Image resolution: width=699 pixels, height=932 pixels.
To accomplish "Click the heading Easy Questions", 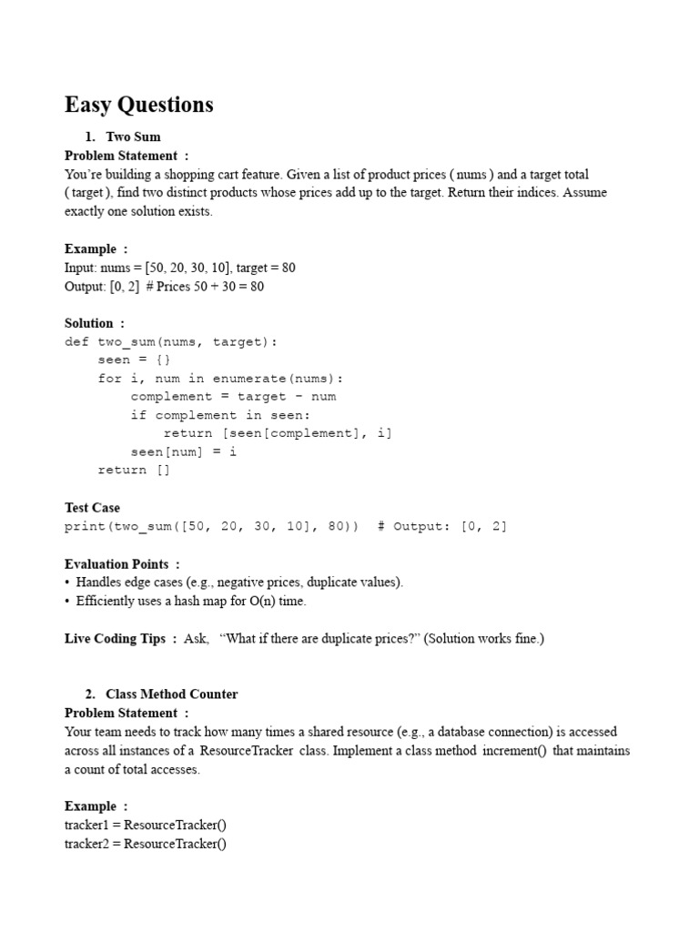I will click(138, 105).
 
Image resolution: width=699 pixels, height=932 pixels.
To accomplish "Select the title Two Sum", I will click(133, 137).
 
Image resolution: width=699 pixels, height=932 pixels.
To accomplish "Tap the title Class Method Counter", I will click(171, 694).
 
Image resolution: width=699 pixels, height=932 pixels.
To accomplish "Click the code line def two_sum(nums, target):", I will click(170, 341).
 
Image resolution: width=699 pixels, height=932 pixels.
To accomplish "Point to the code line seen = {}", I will click(134, 360).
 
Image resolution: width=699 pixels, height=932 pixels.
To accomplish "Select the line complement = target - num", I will click(233, 397).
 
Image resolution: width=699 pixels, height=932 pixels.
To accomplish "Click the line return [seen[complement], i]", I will click(278, 433).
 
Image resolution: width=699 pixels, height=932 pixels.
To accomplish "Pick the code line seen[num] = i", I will click(183, 451).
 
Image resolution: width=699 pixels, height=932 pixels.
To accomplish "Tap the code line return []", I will click(134, 470).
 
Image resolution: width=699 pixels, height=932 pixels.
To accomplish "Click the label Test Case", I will click(92, 508).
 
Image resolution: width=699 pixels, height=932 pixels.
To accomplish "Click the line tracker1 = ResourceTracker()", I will click(145, 825).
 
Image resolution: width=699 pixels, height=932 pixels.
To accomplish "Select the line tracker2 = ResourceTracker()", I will click(145, 844).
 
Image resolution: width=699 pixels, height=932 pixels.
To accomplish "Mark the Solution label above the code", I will click(89, 323).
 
